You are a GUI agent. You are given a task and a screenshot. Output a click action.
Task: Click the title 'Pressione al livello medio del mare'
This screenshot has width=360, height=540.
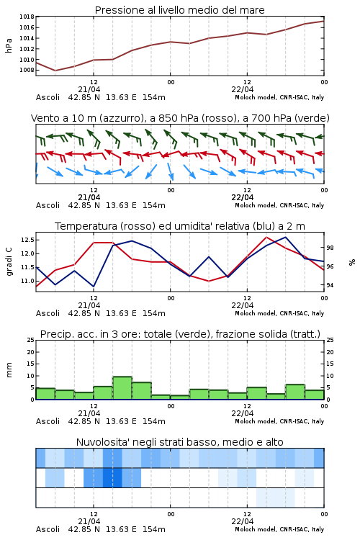[179, 10]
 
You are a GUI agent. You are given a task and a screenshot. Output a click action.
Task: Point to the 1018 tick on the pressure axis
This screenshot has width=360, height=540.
[27, 17]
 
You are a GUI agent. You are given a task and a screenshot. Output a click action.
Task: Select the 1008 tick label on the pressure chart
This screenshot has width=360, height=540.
[27, 71]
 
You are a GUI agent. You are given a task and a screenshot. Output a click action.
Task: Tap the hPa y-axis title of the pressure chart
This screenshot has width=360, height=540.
[9, 45]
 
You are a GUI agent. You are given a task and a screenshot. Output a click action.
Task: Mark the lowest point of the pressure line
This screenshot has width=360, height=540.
[55, 71]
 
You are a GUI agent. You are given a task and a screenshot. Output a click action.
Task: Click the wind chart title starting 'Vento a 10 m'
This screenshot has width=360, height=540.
[180, 118]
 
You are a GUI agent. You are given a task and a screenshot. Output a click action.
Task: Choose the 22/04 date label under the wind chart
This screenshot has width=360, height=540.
[242, 197]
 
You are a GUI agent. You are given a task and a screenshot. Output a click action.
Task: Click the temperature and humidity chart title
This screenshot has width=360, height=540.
[180, 226]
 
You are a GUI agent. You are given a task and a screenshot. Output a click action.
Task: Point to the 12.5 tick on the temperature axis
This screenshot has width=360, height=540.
[27, 240]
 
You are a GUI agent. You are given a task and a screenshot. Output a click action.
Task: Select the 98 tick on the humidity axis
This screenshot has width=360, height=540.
[330, 248]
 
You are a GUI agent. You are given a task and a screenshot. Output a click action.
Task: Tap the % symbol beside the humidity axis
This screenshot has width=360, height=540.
[352, 262]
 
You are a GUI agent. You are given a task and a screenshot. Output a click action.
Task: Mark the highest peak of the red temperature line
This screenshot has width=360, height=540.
[266, 237]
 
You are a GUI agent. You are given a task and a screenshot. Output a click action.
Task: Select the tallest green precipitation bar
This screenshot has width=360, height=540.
[122, 388]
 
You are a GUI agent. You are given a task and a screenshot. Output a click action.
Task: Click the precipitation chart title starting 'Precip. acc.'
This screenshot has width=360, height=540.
[180, 334]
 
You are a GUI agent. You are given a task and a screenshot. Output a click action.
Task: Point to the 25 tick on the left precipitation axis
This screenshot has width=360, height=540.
[31, 340]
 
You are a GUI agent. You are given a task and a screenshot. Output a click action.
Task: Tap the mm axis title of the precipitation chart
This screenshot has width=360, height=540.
[9, 370]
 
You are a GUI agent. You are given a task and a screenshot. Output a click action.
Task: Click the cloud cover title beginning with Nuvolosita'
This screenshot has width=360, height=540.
[179, 442]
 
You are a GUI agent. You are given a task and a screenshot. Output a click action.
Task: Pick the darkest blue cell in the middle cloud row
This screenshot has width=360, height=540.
[112, 477]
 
